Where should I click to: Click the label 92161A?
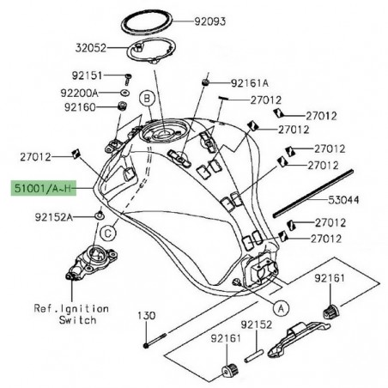click(250, 84)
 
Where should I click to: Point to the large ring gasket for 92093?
click(160, 21)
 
